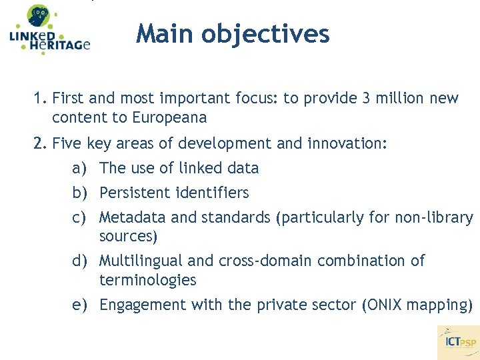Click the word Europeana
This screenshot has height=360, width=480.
pyautogui.click(x=170, y=118)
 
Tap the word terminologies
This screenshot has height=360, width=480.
pyautogui.click(x=148, y=280)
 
